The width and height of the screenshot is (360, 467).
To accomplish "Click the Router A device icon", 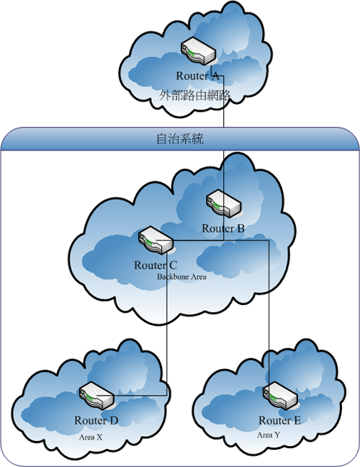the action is point(198,50).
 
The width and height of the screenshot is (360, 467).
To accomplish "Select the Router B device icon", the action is point(224,203).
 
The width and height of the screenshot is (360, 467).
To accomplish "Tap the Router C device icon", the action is point(156,240).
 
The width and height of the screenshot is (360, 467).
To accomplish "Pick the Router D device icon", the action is point(97,395).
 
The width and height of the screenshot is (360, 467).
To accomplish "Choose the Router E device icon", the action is point(280,395).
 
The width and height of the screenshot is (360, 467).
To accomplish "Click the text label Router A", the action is point(197,76).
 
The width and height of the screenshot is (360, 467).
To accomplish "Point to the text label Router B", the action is point(223,228).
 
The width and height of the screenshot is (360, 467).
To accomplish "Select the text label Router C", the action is point(156,265).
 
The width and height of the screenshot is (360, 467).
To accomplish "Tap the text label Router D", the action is point(96,421).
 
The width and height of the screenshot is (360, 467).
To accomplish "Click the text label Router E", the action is point(279,421).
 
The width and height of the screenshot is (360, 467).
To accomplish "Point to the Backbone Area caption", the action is point(181,277).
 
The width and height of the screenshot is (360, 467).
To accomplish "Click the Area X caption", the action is point(91,437).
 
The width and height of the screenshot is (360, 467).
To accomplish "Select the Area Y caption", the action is point(269,435).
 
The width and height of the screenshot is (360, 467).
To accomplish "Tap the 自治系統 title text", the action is point(180,139).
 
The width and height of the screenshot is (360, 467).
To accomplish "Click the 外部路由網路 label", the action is point(195,95).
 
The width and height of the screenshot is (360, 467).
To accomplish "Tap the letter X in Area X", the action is point(99,437).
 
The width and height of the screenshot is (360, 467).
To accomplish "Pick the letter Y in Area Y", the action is point(277,435).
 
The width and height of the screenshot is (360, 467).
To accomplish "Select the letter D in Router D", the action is point(114,421).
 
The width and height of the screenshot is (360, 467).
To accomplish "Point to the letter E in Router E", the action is point(297,421).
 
